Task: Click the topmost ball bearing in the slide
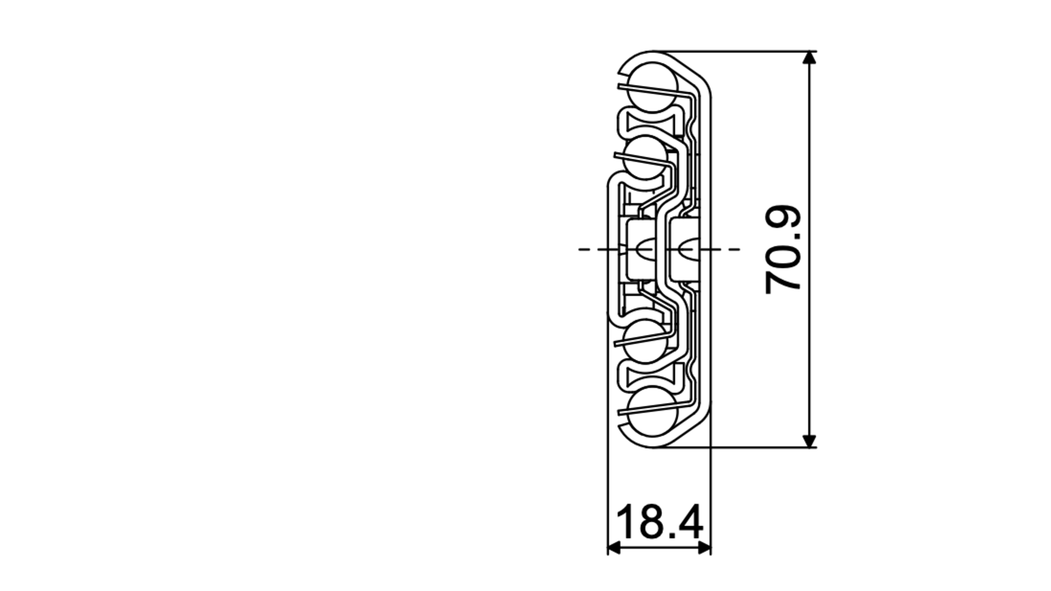pos(653,87)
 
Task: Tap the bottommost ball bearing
pos(653,412)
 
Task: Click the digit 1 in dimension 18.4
pos(626,521)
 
